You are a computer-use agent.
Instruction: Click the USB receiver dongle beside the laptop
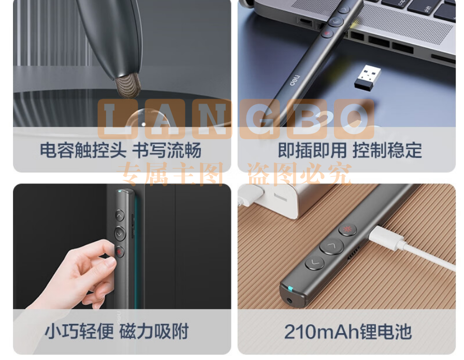click(367, 77)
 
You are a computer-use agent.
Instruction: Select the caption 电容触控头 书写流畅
click(121, 150)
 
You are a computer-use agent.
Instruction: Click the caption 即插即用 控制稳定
click(350, 150)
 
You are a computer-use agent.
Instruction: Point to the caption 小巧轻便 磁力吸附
click(117, 332)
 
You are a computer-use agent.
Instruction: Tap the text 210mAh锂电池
click(347, 332)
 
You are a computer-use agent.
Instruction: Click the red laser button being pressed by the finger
click(120, 252)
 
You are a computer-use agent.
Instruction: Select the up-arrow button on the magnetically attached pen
click(120, 216)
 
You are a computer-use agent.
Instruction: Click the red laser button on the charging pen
click(347, 229)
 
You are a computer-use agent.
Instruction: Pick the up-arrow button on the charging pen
click(331, 246)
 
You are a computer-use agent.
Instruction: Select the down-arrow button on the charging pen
click(314, 262)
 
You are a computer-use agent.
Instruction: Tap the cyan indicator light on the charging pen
click(291, 288)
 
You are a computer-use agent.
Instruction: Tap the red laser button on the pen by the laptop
click(327, 33)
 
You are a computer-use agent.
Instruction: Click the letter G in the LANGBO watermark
click(260, 119)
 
